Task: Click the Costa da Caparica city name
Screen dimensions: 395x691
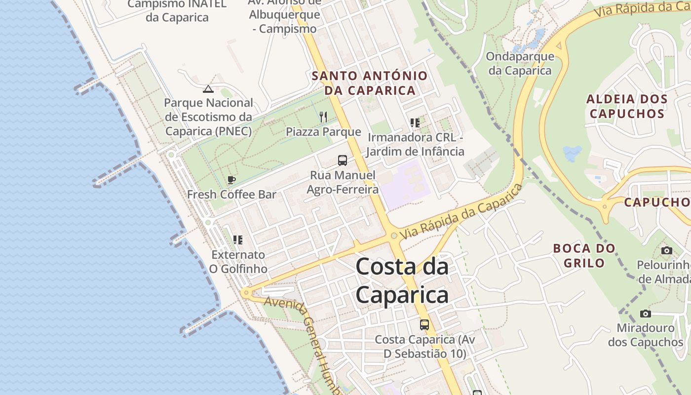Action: point(402,281)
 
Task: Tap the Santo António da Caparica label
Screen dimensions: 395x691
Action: point(370,83)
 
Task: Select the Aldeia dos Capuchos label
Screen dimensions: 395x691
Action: point(627,106)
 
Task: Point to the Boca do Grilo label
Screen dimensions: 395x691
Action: point(584,255)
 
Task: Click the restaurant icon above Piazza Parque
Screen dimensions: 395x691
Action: point(323,117)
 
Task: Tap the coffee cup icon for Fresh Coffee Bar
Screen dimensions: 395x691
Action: point(231,180)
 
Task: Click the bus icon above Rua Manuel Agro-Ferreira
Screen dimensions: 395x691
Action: point(343,160)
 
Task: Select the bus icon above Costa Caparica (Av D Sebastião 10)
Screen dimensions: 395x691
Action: point(424,325)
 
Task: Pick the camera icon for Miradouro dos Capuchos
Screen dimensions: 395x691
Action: point(645,314)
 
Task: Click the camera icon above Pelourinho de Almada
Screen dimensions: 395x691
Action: point(666,251)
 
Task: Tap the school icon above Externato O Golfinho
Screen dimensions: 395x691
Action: point(238,240)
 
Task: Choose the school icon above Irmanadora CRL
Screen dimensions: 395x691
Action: point(415,122)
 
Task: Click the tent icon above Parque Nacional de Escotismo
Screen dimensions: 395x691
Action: point(208,89)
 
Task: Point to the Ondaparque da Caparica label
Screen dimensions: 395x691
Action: point(520,63)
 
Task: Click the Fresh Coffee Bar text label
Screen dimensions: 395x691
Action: point(231,195)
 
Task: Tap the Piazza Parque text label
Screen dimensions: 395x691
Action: point(323,132)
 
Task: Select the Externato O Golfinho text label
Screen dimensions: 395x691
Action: point(238,262)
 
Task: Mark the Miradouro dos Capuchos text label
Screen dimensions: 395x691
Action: point(645,335)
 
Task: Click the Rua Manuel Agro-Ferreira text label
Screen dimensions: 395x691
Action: point(343,182)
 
